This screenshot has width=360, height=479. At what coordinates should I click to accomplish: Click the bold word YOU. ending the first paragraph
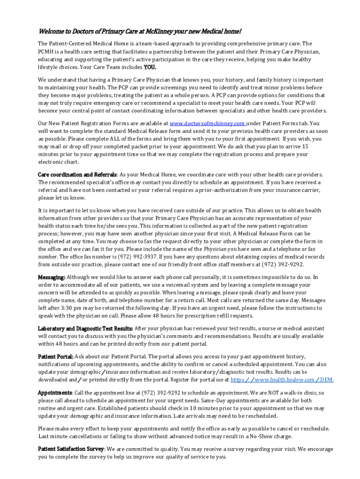coord(150,67)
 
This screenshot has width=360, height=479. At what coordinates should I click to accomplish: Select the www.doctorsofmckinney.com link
coord(208,123)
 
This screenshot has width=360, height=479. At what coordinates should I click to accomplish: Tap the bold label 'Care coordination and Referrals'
coord(77,174)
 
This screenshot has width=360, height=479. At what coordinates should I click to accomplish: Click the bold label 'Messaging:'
coord(51,277)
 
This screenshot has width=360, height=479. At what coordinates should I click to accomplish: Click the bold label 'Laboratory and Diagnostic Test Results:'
coord(86,328)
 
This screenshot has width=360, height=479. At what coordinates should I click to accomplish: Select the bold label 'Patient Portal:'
coord(55,356)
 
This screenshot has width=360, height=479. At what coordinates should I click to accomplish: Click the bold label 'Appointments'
coord(55,393)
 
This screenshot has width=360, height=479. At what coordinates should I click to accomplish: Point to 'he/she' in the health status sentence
coord(115,226)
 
